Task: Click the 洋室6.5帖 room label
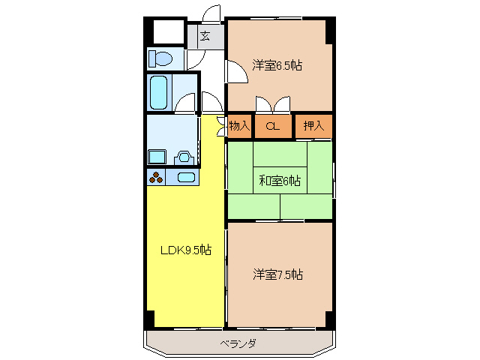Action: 277,65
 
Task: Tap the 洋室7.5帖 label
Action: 277,274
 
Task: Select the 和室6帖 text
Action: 280,180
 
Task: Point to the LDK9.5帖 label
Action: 185,250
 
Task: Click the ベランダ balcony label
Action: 238,343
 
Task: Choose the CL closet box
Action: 273,126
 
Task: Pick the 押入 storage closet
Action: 313,126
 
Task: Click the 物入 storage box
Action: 239,126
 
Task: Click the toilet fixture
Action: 160,58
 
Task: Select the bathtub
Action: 158,92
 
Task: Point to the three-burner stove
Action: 157,178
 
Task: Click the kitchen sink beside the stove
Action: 184,178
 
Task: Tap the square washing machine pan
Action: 157,157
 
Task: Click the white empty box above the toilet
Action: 169,31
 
